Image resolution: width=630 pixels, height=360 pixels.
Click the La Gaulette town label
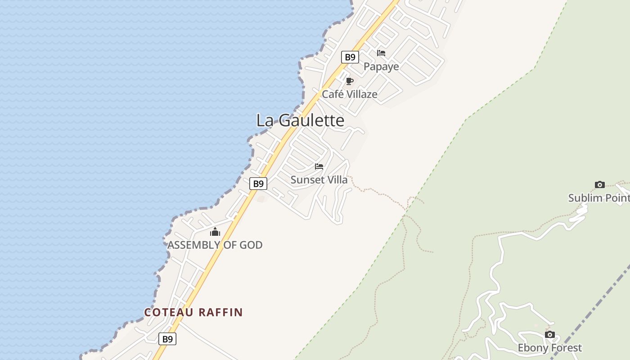[x=300, y=121]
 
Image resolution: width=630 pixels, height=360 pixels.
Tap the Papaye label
[x=381, y=67]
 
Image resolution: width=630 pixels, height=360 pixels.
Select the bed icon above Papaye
[x=381, y=53]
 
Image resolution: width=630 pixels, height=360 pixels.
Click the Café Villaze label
[x=349, y=94]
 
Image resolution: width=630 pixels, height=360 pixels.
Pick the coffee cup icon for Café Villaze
[x=349, y=81]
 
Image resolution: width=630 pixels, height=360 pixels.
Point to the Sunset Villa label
[x=319, y=180]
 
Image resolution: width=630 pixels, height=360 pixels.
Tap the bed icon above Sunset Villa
[x=319, y=166]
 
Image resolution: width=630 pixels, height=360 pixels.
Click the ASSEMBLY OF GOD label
[x=215, y=245]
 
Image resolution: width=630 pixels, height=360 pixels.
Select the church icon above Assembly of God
[x=215, y=232]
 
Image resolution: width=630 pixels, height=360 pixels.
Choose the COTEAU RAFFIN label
[x=193, y=312]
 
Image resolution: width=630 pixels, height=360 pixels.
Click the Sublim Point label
[x=598, y=198]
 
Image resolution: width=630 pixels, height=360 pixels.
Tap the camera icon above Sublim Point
[x=599, y=184]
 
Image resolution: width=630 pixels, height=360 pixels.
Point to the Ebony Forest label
[x=549, y=348]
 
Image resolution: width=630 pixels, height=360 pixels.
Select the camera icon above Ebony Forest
[x=549, y=334]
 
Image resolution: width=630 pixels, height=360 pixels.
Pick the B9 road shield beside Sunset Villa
[x=258, y=184]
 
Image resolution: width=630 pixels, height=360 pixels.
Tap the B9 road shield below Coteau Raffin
[x=167, y=339]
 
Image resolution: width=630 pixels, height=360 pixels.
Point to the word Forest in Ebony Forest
[x=566, y=348]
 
